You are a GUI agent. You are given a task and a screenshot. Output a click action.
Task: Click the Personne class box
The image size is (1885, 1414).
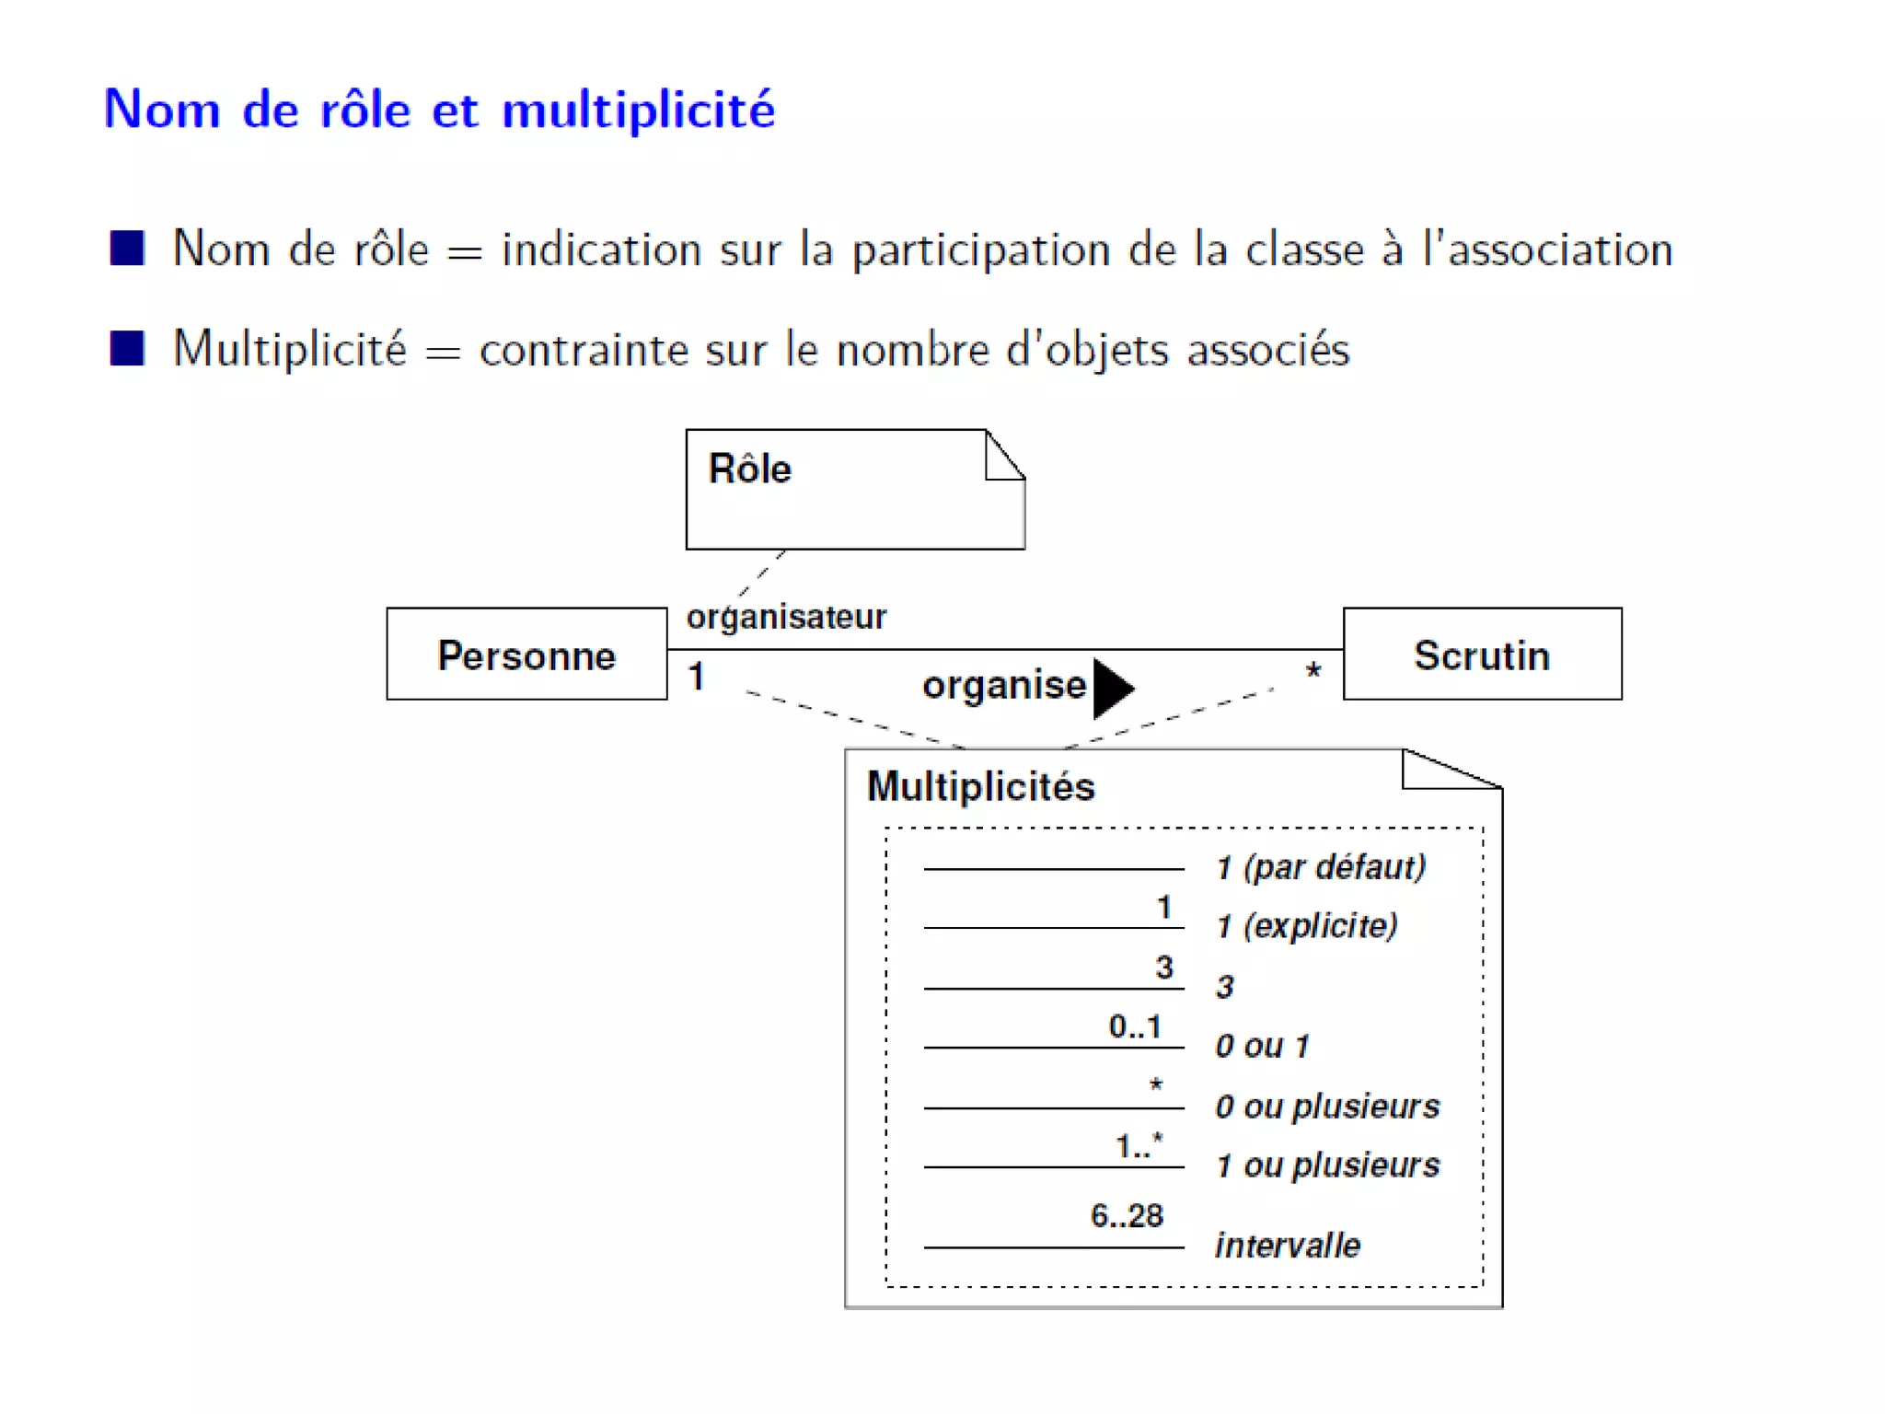[x=526, y=655]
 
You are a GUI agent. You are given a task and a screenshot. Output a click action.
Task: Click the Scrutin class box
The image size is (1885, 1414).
[x=1482, y=655]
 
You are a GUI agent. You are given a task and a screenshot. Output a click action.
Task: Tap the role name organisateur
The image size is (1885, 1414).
[x=786, y=617]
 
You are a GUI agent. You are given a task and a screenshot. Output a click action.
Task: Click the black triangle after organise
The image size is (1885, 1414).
[x=1112, y=688]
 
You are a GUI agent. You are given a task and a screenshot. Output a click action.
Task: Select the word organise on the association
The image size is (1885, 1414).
[x=1004, y=686]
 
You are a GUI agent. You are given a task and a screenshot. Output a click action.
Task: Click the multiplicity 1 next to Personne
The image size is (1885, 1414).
[x=697, y=677]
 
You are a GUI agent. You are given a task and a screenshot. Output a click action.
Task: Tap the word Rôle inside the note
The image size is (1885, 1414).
[x=749, y=469]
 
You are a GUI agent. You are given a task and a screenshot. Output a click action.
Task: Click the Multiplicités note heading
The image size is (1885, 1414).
[x=981, y=787]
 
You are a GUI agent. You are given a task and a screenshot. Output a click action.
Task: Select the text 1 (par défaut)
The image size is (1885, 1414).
[x=1321, y=867]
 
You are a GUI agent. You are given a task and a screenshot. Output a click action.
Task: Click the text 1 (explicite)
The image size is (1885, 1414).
[x=1306, y=926]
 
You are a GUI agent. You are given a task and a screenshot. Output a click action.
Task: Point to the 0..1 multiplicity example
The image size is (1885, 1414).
[x=1135, y=1026]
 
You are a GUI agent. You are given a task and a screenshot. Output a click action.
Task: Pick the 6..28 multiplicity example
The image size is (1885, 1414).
[x=1127, y=1216]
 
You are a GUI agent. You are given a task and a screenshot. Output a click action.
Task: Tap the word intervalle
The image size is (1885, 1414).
[x=1288, y=1246]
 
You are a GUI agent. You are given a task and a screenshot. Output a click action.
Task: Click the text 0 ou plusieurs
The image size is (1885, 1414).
[x=1327, y=1107]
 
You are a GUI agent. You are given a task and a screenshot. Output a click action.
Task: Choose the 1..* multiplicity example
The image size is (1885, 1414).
[x=1139, y=1146]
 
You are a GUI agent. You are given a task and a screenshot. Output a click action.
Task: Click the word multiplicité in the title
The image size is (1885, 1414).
[x=639, y=110]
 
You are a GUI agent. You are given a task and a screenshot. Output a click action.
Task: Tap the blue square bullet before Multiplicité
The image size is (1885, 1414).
[x=127, y=349]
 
